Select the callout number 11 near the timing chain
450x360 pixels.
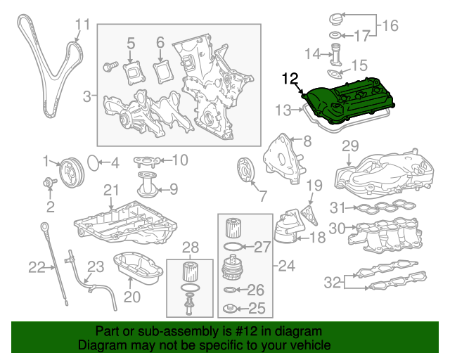[x=82, y=25]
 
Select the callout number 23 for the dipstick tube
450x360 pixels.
[x=95, y=266]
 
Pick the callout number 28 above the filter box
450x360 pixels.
[x=191, y=247]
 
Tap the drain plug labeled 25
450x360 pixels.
[x=229, y=308]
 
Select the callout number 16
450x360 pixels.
[x=389, y=26]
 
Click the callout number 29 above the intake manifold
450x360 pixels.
[x=350, y=146]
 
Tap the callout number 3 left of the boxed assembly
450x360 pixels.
[x=86, y=96]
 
